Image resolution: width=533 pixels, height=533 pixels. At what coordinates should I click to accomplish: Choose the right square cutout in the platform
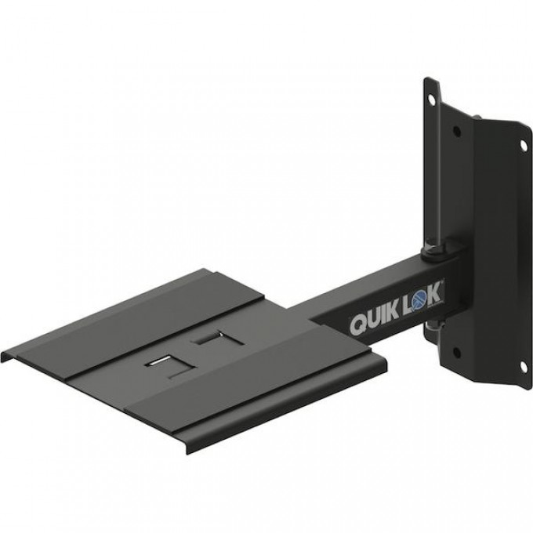pos(208,339)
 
